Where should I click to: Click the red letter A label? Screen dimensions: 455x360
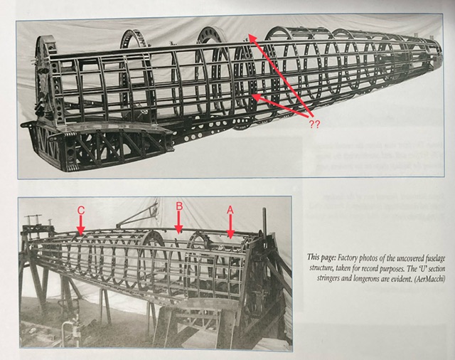pyautogui.click(x=230, y=210)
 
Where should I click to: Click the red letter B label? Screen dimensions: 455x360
pyautogui.click(x=179, y=206)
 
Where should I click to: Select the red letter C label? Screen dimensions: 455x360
pyautogui.click(x=81, y=210)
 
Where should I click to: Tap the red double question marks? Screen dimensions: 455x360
pyautogui.click(x=314, y=125)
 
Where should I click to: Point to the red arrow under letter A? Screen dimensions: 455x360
pyautogui.click(x=230, y=226)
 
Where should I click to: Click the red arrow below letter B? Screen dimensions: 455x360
pyautogui.click(x=179, y=222)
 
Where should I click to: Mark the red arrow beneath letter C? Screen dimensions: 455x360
pyautogui.click(x=81, y=225)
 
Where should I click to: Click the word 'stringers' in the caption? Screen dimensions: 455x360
pyautogui.click(x=328, y=278)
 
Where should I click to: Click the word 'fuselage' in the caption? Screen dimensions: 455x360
pyautogui.click(x=434, y=258)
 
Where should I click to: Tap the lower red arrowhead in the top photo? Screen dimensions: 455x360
pyautogui.click(x=257, y=98)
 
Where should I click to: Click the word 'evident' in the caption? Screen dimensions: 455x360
pyautogui.click(x=402, y=278)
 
